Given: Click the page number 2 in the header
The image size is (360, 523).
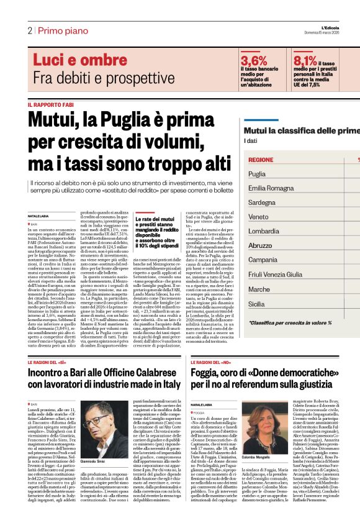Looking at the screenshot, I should (x=29, y=30).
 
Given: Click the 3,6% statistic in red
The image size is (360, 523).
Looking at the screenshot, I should (x=254, y=61).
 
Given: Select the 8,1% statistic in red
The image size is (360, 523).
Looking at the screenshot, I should (x=305, y=61).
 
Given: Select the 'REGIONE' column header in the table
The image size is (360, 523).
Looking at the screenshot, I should (x=261, y=160).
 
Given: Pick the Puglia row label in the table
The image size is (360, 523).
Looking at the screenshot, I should (x=257, y=175).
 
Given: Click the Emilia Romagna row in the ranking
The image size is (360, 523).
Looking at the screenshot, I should (x=271, y=188).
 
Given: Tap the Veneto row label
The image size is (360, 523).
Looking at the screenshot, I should (x=258, y=217).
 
